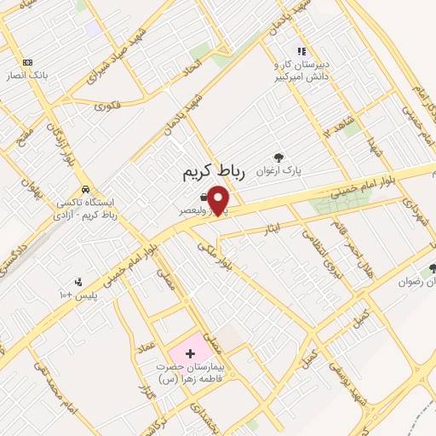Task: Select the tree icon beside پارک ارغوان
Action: [x=278, y=156]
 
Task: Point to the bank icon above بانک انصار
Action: [x=27, y=62]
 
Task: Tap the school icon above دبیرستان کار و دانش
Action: [x=300, y=51]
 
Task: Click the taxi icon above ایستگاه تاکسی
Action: [x=84, y=189]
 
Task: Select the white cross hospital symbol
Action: [x=190, y=352]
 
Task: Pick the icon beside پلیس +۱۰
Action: [x=79, y=282]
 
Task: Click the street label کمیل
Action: [x=361, y=319]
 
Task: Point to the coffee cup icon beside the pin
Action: [x=204, y=197]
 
